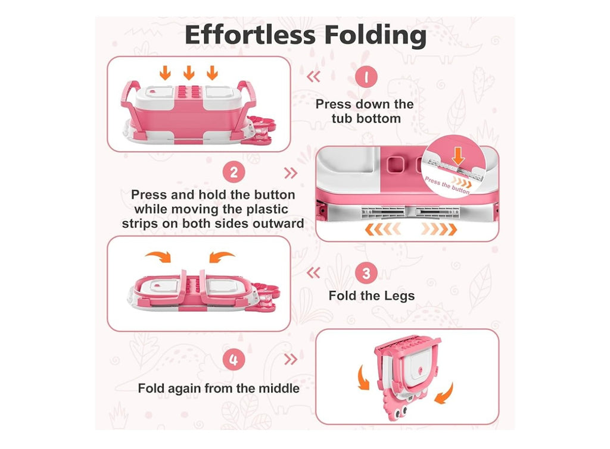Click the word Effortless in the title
click(x=250, y=34)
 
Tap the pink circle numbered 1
click(x=366, y=76)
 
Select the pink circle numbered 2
click(x=234, y=172)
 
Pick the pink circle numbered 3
click(x=366, y=273)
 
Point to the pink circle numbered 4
click(x=234, y=359)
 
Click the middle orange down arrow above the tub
click(x=189, y=73)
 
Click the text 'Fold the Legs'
click(x=372, y=296)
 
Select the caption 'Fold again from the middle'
click(x=219, y=388)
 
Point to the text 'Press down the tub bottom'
click(x=365, y=111)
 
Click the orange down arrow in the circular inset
click(x=458, y=156)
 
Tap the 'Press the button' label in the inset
click(x=447, y=186)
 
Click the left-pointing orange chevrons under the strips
click(x=382, y=229)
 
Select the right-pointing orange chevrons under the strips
click(x=439, y=229)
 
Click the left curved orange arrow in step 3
click(x=158, y=256)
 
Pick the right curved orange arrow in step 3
click(x=221, y=256)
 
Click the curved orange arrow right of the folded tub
click(x=445, y=394)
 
